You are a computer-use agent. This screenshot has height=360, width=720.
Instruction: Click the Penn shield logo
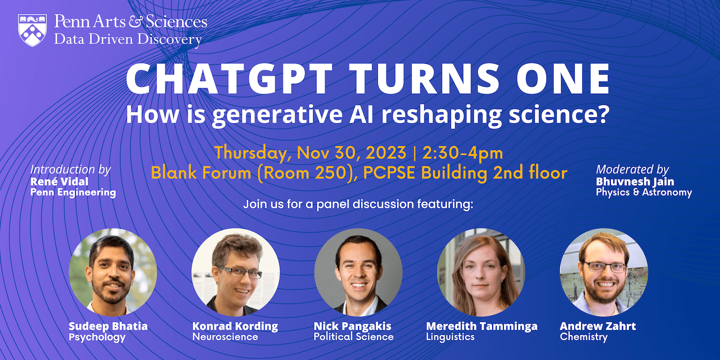click(32, 30)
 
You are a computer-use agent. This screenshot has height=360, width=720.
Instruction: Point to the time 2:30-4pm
click(463, 153)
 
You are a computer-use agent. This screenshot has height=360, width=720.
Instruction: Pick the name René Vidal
click(59, 181)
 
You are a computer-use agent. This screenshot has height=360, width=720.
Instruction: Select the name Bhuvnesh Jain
click(635, 181)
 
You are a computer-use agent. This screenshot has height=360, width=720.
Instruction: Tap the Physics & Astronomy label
click(644, 192)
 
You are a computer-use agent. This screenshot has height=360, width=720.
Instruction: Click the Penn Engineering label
click(73, 192)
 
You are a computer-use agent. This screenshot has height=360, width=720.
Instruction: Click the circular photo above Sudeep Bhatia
click(113, 272)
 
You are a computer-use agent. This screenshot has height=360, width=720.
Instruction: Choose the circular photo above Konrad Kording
click(236, 272)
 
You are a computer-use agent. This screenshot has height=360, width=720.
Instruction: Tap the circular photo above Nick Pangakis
click(359, 272)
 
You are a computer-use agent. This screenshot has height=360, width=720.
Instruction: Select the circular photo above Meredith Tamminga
click(481, 272)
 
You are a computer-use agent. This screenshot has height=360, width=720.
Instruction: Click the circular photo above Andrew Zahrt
click(604, 272)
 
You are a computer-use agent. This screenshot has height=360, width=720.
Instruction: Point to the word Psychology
click(97, 337)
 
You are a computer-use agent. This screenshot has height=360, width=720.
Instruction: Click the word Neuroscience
click(225, 337)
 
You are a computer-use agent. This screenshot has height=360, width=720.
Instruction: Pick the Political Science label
click(353, 337)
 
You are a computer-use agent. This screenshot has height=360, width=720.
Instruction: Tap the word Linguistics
click(450, 337)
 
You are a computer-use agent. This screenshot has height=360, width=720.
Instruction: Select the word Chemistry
click(584, 337)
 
